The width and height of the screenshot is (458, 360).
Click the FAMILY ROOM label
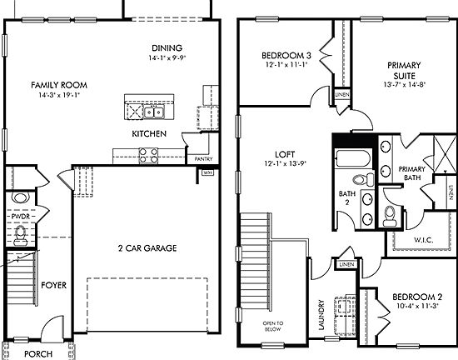pos(59,85)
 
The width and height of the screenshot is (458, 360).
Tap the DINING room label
pos(167,47)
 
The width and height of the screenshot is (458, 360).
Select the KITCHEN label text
pos(149,133)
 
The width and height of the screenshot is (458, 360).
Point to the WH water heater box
pos(207,173)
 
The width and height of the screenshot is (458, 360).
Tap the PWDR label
pos(21,216)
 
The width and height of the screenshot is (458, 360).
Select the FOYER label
pos(53,285)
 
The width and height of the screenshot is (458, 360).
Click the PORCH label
pos(38,353)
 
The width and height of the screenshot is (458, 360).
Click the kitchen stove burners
pos(148,153)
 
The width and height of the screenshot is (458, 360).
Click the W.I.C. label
pos(411,242)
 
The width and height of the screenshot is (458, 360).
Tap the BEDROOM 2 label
pos(416,297)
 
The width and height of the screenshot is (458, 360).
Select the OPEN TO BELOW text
pos(273,326)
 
